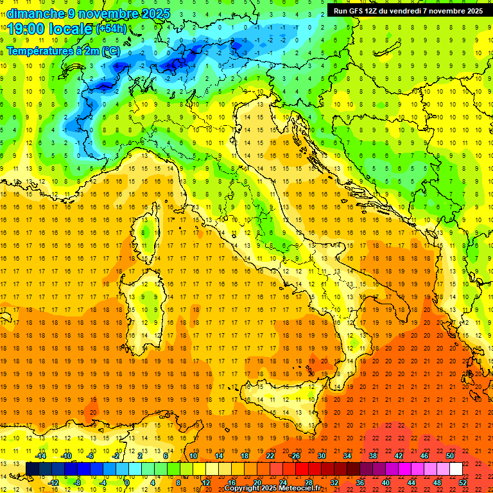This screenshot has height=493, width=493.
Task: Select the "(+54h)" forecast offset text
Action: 112,29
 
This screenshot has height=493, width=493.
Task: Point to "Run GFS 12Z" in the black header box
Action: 356,10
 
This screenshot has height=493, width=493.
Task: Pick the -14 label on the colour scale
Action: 41,456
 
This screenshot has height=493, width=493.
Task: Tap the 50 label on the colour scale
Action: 449,456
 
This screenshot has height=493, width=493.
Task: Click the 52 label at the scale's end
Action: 463,482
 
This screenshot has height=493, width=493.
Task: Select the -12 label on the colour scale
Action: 54,482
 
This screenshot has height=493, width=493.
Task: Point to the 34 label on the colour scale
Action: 347,456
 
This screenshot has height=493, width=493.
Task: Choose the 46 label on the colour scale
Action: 424,456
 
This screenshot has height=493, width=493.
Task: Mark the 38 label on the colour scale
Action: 373,456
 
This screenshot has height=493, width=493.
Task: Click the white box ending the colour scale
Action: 456,469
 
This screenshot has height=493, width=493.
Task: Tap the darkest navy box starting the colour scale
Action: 33,469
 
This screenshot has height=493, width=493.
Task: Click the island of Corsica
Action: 147,238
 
